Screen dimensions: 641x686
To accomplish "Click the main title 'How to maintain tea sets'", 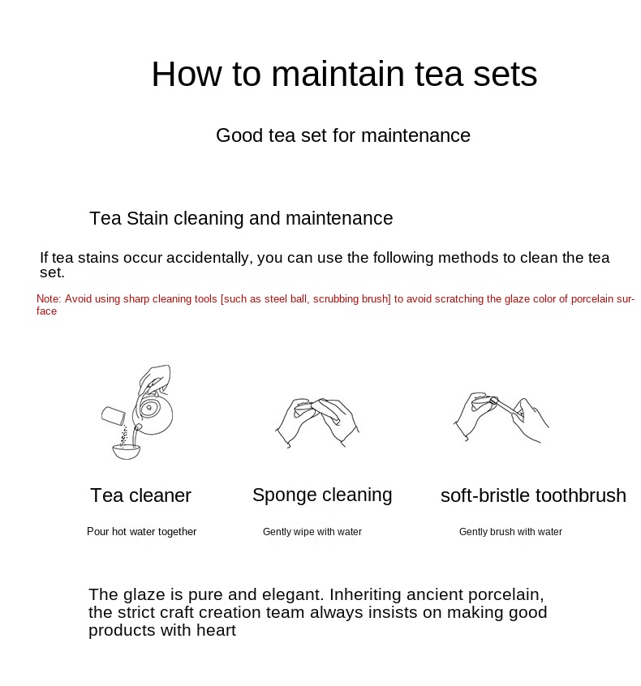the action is click(344, 74).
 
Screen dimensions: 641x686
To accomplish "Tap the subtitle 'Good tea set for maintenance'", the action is click(343, 135).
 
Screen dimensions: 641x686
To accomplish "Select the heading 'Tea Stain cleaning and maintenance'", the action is click(241, 218).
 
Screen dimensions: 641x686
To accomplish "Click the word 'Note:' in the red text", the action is click(49, 299).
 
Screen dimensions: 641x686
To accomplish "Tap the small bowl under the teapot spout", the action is click(127, 452).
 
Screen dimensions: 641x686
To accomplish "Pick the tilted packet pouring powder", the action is click(114, 416).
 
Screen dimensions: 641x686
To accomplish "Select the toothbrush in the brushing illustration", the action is click(506, 407).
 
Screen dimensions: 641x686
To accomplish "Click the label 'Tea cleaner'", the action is click(140, 495).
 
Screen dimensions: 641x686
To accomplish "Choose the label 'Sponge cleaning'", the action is click(322, 495).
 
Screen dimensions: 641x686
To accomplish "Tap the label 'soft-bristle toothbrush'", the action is click(533, 495).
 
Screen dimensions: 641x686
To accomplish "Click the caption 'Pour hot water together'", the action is click(141, 532).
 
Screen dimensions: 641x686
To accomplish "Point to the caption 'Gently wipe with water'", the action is click(312, 532).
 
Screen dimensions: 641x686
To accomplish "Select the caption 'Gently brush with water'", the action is click(510, 532).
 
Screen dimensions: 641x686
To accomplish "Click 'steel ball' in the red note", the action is click(286, 299).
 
